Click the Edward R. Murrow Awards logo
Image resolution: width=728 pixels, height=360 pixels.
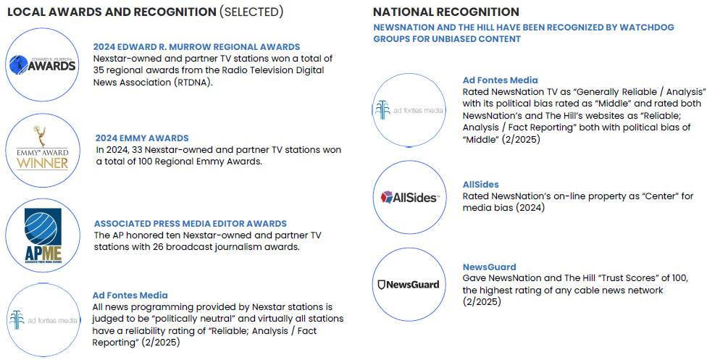coord(42,64)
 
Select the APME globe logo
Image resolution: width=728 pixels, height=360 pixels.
coord(43,236)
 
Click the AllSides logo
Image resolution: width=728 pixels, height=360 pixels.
coord(409,197)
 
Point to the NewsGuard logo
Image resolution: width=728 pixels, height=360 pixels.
coord(409,284)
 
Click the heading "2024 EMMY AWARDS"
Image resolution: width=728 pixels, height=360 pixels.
coord(142,138)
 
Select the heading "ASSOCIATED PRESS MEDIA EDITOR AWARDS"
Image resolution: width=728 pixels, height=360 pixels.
coord(191,223)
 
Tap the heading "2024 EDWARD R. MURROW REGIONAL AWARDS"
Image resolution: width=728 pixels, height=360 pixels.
coord(196,47)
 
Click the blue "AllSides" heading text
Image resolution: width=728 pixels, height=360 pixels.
coord(480,185)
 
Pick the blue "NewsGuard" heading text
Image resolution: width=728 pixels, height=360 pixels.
coord(490,267)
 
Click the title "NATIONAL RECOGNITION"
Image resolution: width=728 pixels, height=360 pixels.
coord(446,12)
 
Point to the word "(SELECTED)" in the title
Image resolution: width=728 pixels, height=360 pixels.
coord(251,12)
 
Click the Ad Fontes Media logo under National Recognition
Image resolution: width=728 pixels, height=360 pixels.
coord(409,110)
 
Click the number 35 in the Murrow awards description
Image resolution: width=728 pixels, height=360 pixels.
coord(99,71)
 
